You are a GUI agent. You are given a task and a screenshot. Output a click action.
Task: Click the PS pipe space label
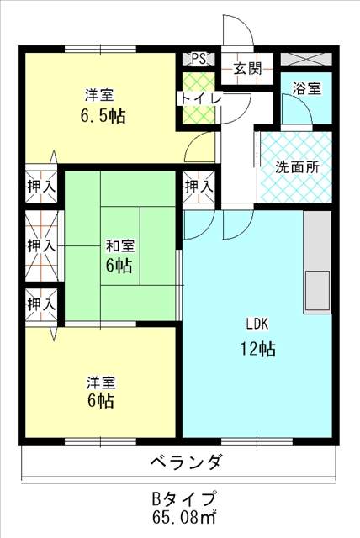(199, 59)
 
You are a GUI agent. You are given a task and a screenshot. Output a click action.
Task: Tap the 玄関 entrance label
(247, 69)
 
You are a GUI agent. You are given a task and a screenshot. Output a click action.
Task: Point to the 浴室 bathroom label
(307, 88)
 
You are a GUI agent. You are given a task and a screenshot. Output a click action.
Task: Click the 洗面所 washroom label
(297, 167)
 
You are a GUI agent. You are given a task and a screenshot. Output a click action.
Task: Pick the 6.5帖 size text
(103, 116)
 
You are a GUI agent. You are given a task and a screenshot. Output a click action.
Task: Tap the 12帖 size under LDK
(257, 350)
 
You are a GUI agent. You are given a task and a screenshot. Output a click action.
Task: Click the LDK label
(257, 324)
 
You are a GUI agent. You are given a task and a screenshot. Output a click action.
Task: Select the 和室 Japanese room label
(119, 245)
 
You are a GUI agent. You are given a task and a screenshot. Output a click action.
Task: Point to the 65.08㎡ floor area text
(184, 516)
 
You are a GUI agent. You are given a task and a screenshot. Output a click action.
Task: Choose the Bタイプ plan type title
(184, 498)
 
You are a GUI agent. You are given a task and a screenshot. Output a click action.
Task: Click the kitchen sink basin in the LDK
(317, 290)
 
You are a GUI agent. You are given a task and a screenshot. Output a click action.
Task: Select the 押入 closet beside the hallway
(199, 187)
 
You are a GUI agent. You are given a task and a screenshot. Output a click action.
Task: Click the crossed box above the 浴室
(306, 59)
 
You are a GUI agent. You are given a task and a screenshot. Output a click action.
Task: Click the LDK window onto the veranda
(257, 441)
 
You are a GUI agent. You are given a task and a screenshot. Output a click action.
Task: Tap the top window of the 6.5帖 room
(101, 49)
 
